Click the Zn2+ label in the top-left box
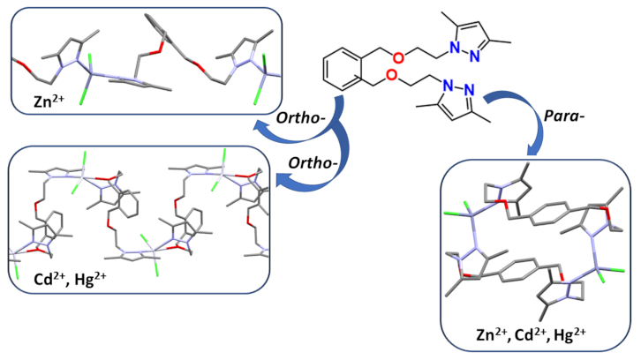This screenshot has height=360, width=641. (49, 101)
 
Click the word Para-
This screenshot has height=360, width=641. (563, 116)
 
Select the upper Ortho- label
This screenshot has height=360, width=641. (301, 118)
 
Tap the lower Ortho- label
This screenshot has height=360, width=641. (313, 163)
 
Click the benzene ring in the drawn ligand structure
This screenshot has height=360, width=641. (343, 69)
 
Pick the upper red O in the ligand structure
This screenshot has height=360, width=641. (397, 57)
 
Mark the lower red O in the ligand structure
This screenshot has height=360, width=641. (391, 75)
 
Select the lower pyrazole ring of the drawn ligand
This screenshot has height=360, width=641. (457, 100)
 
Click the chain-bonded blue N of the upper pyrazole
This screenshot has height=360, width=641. (454, 49)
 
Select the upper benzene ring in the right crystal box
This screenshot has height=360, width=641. (548, 213)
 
